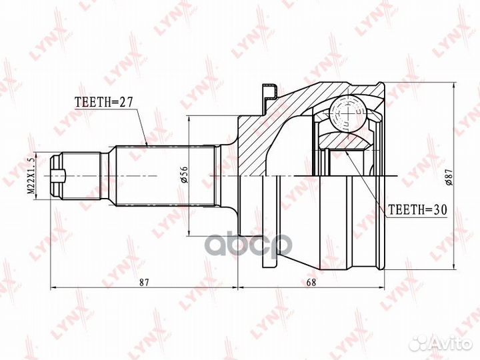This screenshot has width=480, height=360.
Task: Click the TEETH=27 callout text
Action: click(104, 102)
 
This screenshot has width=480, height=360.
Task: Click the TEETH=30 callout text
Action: click(417, 209)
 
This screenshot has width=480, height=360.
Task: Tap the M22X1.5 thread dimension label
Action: click(31, 176)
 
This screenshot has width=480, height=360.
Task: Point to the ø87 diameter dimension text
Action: click(449, 177)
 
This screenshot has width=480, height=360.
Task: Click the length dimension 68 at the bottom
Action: click(311, 282)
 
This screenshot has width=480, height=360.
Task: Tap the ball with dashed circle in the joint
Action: click(349, 113)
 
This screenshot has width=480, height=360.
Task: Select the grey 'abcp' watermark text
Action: click(249, 245)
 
